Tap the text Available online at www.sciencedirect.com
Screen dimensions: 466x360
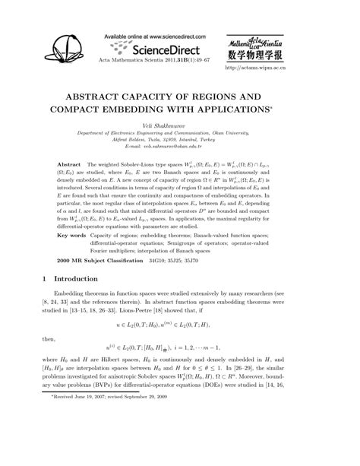(x=163, y=36)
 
